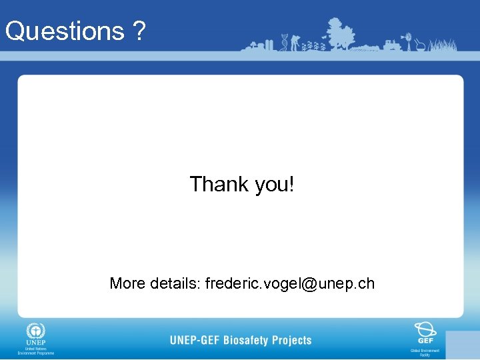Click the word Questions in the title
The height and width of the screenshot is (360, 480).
point(64,31)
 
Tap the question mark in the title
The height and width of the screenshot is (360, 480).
point(138,31)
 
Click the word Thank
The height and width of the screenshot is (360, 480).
point(219,184)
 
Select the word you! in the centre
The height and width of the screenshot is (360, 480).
point(273,185)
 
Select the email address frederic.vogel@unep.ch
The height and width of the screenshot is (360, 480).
point(290,283)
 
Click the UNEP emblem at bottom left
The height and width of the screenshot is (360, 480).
point(35,332)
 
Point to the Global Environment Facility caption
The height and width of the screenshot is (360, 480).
point(425,352)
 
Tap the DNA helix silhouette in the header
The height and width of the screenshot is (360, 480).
point(285,41)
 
